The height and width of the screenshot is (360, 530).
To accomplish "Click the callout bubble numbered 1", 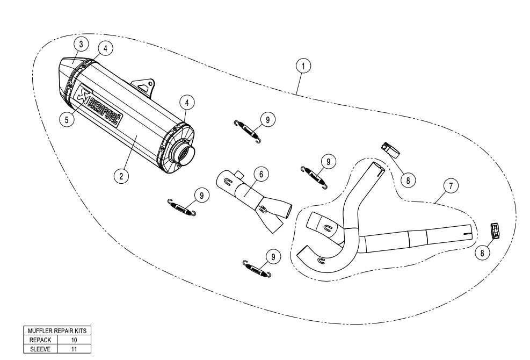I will tap(304, 66).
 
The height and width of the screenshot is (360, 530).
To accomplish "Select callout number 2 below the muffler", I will tap(122, 175).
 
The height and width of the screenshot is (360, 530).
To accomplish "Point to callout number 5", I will tap(67, 119).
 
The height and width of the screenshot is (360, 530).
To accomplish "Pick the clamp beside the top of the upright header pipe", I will tap(389, 147).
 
